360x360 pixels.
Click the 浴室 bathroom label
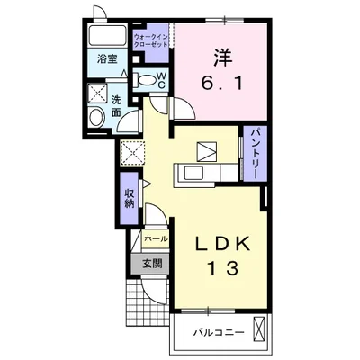(x=107, y=58)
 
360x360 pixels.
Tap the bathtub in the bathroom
(x=106, y=36)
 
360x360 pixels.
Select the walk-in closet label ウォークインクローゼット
(x=150, y=41)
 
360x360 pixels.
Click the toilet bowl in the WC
(x=146, y=80)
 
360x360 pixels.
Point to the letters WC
(x=161, y=80)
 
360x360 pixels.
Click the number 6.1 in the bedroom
(x=221, y=83)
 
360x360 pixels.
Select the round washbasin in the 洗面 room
(x=96, y=117)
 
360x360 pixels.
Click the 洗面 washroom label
(x=115, y=105)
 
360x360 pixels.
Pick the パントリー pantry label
(x=255, y=154)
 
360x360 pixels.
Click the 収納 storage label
(x=129, y=198)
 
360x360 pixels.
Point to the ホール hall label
(x=156, y=239)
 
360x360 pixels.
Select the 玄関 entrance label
(x=152, y=263)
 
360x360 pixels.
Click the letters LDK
(x=222, y=244)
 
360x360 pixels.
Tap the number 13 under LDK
(x=222, y=268)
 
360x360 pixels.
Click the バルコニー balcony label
(x=219, y=333)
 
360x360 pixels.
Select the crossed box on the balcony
(x=258, y=329)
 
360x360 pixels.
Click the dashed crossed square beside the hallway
(x=132, y=154)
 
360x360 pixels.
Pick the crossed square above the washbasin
(x=97, y=93)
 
